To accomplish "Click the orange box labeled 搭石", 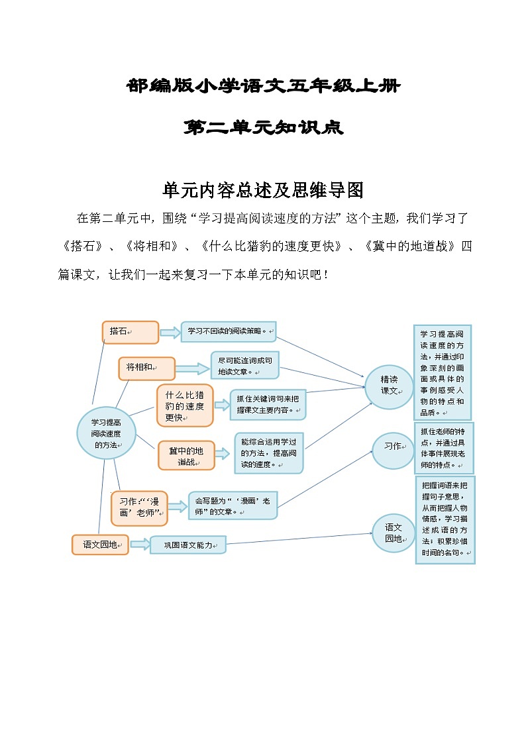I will click(x=131, y=332).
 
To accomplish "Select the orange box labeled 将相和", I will click(x=146, y=369).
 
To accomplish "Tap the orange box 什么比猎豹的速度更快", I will click(x=185, y=405).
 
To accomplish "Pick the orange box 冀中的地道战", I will click(x=186, y=455).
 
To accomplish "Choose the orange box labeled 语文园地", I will click(x=100, y=544).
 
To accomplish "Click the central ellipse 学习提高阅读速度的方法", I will click(x=106, y=433).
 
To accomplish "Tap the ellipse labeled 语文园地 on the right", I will click(x=394, y=533).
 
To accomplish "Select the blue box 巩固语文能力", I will click(x=188, y=545).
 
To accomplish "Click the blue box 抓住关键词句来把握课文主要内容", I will click(x=268, y=405).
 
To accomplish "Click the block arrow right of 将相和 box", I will click(x=193, y=369).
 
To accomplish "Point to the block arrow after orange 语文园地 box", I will click(x=140, y=544).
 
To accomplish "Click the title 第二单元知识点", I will click(x=263, y=128).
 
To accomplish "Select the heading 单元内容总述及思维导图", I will click(x=263, y=190).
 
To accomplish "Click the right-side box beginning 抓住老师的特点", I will click(x=444, y=448).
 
